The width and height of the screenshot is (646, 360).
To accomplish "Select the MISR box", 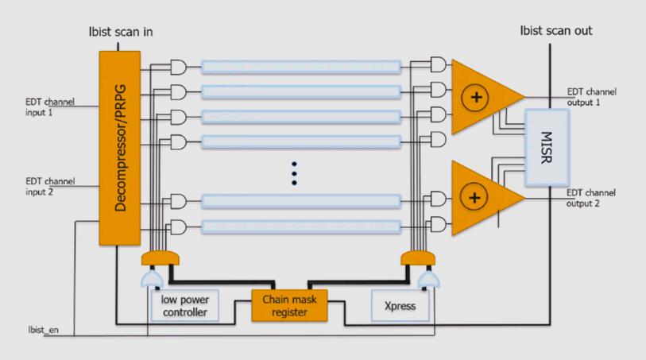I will [x=546, y=148].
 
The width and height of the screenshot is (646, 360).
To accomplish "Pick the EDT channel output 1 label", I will [x=592, y=97].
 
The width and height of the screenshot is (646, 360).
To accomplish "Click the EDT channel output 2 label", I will [x=592, y=199].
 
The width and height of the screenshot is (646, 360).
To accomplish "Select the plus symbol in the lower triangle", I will [x=475, y=196].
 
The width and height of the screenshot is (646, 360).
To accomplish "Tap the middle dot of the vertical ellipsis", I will [x=293, y=172].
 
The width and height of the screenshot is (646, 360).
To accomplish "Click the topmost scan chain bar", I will [x=300, y=66].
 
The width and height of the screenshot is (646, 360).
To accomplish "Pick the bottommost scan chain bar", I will [x=300, y=226].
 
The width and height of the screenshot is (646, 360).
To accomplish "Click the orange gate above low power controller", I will [x=160, y=258].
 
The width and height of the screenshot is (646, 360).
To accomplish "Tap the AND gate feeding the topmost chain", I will [x=179, y=66].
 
